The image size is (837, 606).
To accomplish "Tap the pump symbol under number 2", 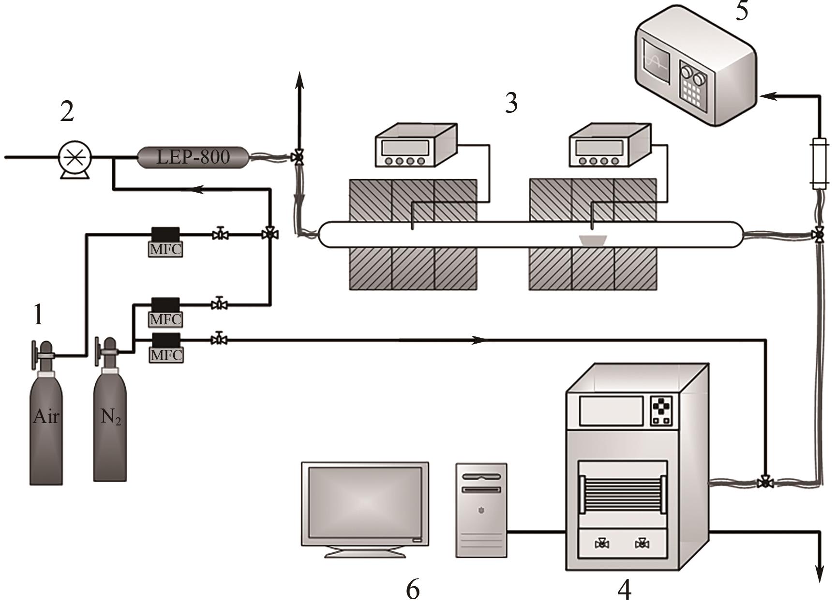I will point(75,158).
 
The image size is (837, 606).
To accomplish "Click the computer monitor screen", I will point(365,503).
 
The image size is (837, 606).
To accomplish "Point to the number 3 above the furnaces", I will point(511,103).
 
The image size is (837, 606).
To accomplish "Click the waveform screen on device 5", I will point(656,62).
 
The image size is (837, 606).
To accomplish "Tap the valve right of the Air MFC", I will point(221,235).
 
